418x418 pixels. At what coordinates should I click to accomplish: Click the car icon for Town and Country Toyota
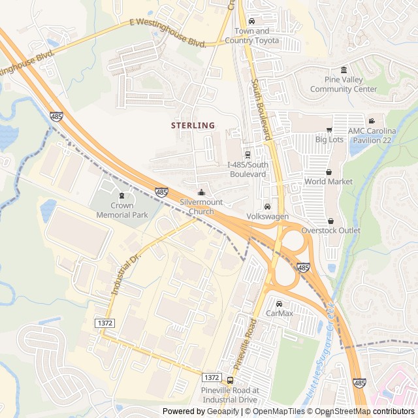coord(252,22)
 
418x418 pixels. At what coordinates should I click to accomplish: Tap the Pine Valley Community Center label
coord(344,84)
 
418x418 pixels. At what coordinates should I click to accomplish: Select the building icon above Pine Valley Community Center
coord(344,71)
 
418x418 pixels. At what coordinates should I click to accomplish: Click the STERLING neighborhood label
coord(193,125)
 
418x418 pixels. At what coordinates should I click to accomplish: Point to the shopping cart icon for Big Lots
coord(329,130)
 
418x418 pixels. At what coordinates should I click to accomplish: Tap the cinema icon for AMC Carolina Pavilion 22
coord(372,121)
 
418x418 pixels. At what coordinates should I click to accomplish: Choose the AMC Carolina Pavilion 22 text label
coord(381,135)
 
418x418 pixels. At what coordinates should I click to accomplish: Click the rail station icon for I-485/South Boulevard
coord(248,155)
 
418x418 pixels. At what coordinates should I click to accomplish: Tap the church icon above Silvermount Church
coord(201,192)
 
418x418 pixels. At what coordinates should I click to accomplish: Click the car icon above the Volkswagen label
coord(267,206)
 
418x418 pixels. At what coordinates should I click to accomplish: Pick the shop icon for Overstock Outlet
coord(330,221)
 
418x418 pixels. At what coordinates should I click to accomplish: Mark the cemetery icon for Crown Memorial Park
coord(121,195)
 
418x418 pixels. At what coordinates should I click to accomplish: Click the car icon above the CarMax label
coord(280,304)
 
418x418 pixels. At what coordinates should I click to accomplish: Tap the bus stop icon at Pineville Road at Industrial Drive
coord(230,380)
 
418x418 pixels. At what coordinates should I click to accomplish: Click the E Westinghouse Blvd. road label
coord(168,33)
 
